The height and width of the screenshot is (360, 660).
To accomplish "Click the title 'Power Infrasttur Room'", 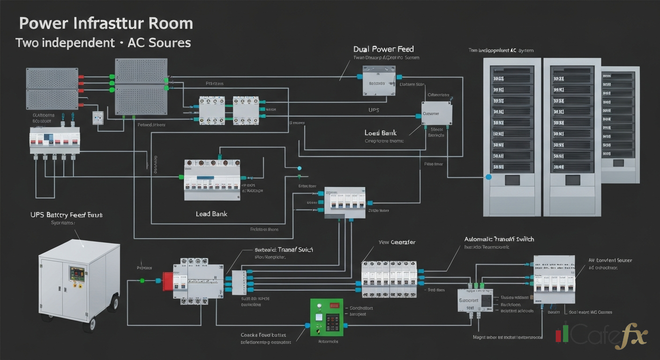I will click(106, 24).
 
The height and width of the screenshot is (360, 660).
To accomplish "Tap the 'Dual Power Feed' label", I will click(383, 49).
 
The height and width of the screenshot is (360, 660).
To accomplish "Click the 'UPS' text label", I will click(374, 110).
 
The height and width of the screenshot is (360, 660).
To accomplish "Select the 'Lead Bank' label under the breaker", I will click(211, 214).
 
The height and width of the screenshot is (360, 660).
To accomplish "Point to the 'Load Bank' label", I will click(381, 133).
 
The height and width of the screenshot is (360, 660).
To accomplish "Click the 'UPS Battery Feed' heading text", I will click(66, 215).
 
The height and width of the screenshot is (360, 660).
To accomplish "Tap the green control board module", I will click(327, 317).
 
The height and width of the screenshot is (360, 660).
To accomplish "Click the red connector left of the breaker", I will click(167, 281).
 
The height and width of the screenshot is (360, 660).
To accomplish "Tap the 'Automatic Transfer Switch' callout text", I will click(499, 239).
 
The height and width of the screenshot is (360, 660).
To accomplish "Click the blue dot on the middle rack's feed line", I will click(489, 177).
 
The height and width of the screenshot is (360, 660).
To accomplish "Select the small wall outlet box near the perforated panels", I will click(98, 118).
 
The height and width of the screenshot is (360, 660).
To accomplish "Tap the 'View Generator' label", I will click(397, 242).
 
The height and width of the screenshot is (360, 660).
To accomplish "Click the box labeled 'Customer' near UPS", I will click(436, 114).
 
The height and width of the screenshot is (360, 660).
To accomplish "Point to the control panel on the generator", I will click(77, 276).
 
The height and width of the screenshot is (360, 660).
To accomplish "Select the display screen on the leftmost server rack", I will click(510, 180).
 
